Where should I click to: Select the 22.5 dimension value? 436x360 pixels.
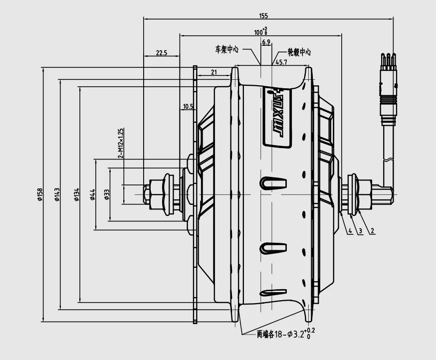pos(161,52)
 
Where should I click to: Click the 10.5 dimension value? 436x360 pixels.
pos(188,106)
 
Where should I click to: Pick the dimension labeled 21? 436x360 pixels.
pos(214,72)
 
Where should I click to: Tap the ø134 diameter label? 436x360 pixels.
pos(76,194)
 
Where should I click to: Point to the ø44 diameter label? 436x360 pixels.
pos(93,194)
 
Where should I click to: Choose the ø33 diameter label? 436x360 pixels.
pos(107,194)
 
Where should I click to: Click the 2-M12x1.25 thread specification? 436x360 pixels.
pos(121,144)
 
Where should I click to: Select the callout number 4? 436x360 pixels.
pos(350,231)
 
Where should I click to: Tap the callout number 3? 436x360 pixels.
pos(360,231)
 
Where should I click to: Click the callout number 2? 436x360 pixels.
pos(372,231)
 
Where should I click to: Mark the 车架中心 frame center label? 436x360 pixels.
pos(227,50)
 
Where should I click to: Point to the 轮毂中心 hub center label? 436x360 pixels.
pos(299,52)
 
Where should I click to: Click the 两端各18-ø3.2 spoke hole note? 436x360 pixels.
pos(285,334)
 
